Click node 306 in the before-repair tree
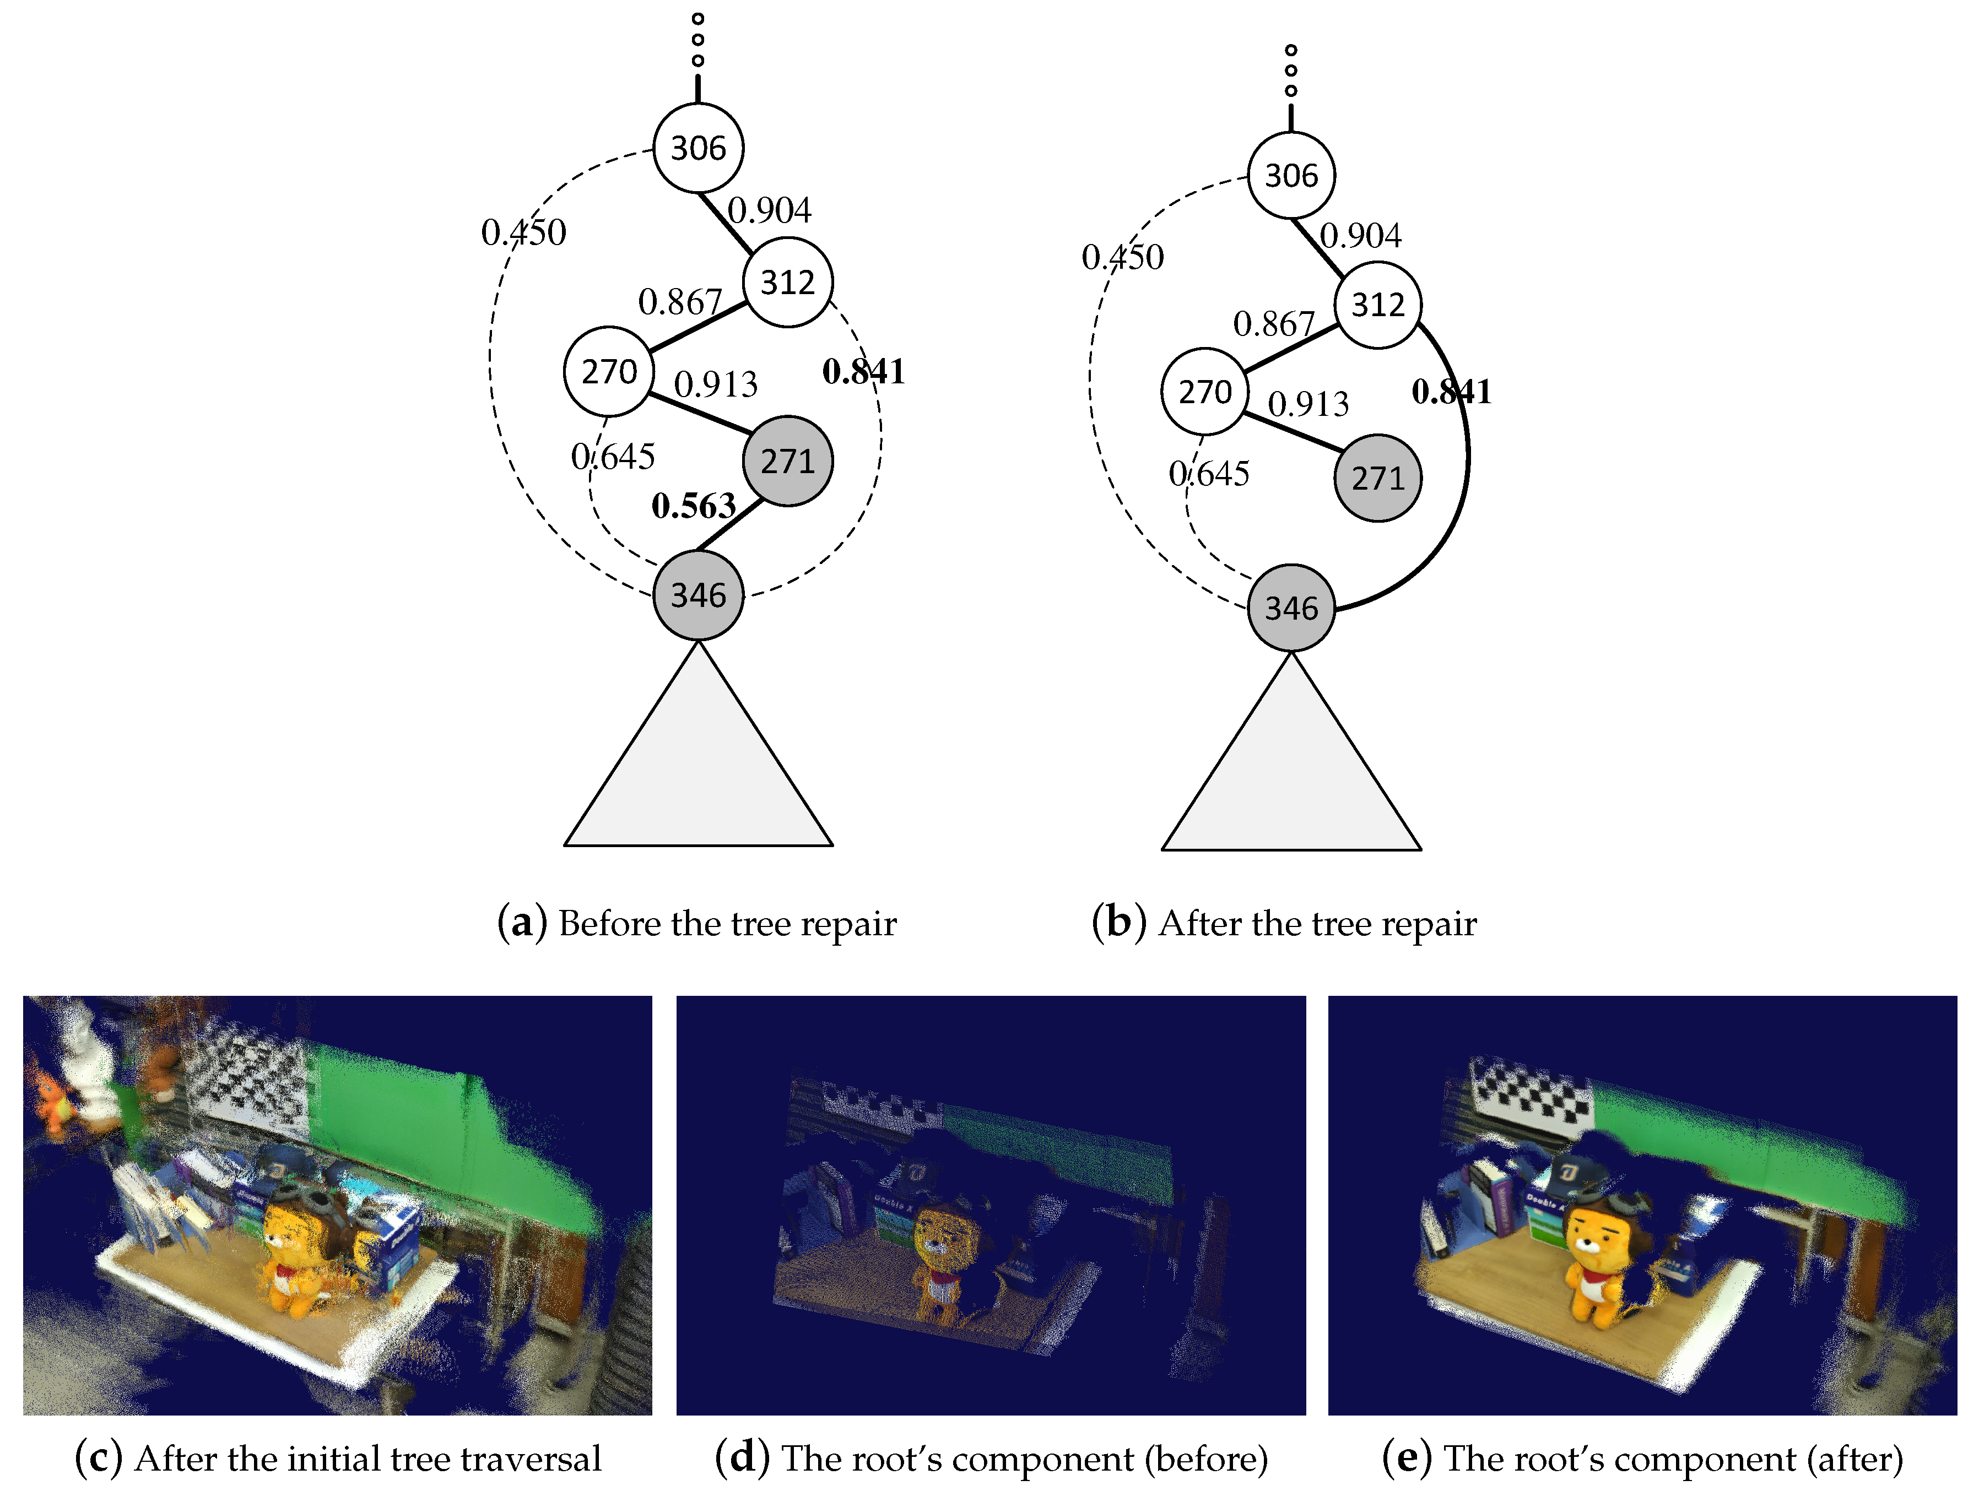click(698, 148)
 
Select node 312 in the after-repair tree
click(1378, 305)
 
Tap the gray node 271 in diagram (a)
click(787, 460)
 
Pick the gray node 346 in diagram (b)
click(1291, 608)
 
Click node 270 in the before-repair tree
click(608, 371)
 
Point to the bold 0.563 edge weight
click(693, 506)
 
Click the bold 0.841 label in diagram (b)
click(1451, 392)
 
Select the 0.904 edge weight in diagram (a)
click(770, 211)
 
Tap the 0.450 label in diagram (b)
click(1123, 258)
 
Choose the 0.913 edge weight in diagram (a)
click(716, 384)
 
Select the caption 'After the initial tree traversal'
click(338, 1459)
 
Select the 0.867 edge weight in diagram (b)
click(1274, 324)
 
